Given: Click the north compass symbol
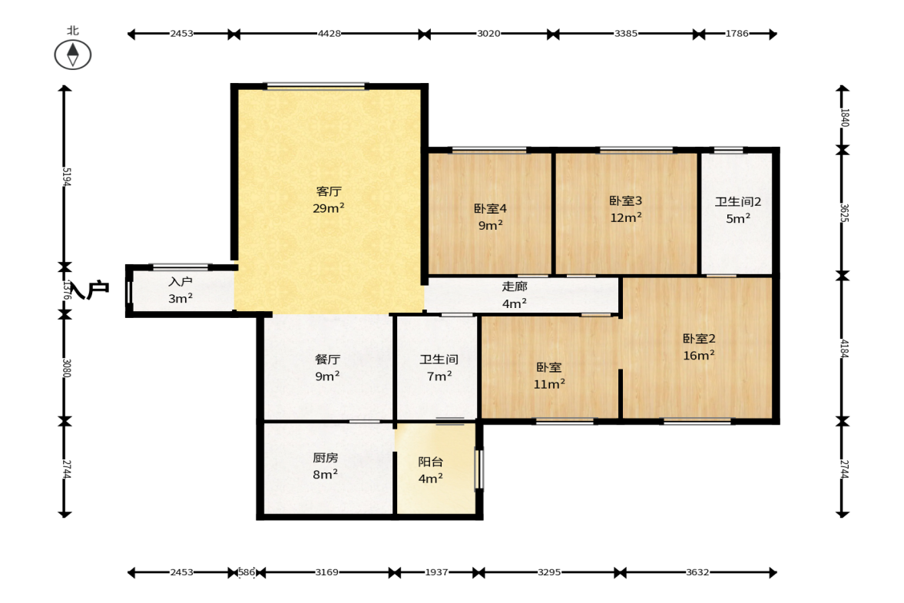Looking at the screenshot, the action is point(73,55).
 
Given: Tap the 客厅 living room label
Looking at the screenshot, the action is point(329,191).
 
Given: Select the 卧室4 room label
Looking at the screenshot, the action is point(490,209).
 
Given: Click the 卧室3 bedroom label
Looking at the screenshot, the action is point(625,200).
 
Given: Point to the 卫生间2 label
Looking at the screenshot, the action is point(738,202).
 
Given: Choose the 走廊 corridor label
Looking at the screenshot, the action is point(515,287).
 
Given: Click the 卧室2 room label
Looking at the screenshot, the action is point(699,339).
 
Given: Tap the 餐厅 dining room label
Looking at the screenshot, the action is point(327,359).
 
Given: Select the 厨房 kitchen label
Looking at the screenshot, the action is point(325,458).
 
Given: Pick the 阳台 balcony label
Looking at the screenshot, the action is point(431,462).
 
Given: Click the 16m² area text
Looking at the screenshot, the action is point(699,355).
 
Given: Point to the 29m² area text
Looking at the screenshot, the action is point(329,208).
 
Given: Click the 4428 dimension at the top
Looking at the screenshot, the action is point(329,34).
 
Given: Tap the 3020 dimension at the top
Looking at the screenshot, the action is point(488,34).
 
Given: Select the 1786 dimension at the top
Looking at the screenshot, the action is point(737,34).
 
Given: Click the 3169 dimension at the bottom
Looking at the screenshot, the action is point(327,572).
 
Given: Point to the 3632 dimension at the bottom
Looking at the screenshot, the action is point(697,572).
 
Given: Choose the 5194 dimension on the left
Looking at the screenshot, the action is point(66,177).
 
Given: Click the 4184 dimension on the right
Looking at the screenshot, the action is point(844,349).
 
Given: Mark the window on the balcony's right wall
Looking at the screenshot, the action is point(478,469).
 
